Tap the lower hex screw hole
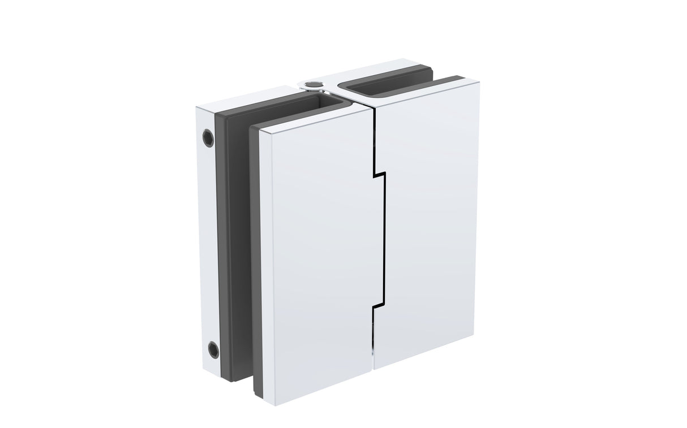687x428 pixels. tap(213, 349)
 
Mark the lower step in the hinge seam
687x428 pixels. tap(378, 307)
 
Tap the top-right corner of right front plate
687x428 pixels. tap(479, 83)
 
